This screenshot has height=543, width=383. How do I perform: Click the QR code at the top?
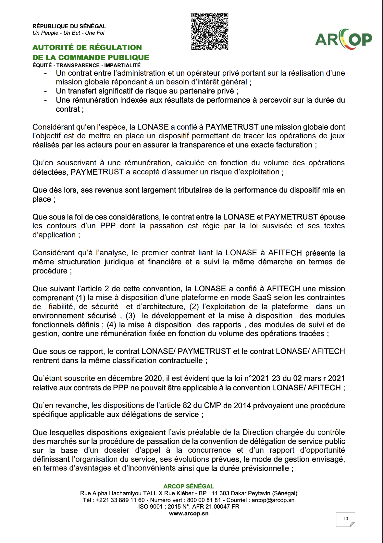click(x=210, y=31)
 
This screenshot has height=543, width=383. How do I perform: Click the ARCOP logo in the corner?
click(x=343, y=39)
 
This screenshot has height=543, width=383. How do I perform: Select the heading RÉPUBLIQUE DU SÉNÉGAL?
click(x=69, y=26)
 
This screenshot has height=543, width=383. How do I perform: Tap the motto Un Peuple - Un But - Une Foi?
click(x=68, y=33)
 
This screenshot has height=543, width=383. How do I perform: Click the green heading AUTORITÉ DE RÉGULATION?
click(x=87, y=47)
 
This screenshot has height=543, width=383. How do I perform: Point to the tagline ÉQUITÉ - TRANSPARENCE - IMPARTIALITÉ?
click(x=86, y=65)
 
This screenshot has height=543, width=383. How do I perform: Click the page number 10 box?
click(x=345, y=519)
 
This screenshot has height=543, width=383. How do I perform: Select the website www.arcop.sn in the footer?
click(x=189, y=513)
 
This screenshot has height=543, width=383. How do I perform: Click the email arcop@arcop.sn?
click(x=273, y=500)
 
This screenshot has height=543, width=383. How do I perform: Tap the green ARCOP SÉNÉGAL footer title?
click(x=189, y=486)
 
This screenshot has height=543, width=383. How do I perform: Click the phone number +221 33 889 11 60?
click(x=120, y=500)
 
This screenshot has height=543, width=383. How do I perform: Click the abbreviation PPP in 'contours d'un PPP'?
click(x=108, y=226)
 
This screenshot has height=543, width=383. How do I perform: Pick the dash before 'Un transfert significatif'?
click(x=46, y=91)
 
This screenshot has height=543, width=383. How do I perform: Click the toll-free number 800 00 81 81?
click(x=204, y=500)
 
